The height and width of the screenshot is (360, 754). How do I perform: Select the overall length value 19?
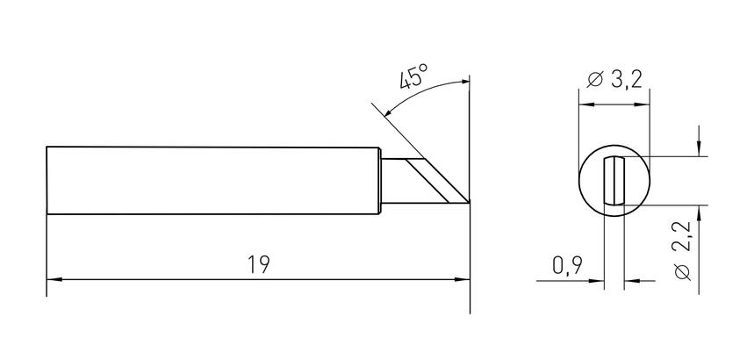259,264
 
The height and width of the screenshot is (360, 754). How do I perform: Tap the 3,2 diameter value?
627,79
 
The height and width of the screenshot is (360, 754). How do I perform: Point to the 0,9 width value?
567,265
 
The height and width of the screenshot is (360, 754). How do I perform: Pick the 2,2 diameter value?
682,236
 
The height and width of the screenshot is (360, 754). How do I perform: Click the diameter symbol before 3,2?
595,79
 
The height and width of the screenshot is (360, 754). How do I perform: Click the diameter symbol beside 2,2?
682,272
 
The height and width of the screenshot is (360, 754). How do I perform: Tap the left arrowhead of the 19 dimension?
54,279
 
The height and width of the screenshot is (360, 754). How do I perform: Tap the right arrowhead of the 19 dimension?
462,279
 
